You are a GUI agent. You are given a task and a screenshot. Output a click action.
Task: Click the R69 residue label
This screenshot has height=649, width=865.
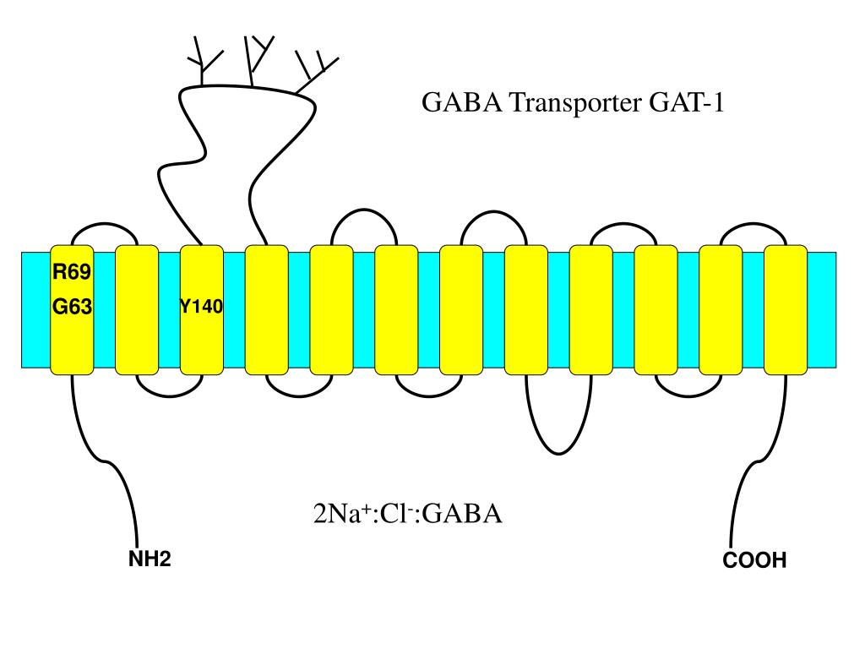72,272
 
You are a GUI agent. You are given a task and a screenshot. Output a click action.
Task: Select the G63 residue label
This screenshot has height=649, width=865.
72,308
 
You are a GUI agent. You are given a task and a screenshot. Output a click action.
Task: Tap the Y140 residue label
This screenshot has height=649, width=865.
201,306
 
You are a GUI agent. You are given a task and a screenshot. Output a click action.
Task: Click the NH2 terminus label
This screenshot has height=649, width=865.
150,559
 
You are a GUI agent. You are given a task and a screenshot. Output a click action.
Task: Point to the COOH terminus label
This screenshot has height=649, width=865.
754,560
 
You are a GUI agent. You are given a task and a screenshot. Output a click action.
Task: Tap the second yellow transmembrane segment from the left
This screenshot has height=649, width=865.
136,309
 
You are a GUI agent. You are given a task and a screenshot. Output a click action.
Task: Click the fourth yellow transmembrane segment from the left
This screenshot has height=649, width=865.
266,309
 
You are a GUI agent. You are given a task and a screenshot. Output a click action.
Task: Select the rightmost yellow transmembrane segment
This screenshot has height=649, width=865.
786,309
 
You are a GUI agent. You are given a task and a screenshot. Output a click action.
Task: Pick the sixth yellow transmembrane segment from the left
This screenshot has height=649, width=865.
396,309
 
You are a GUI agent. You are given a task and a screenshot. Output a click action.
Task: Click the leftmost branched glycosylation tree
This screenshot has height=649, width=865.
204,59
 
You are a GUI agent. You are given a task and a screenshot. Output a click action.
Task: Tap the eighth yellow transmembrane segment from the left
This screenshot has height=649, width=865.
526,309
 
